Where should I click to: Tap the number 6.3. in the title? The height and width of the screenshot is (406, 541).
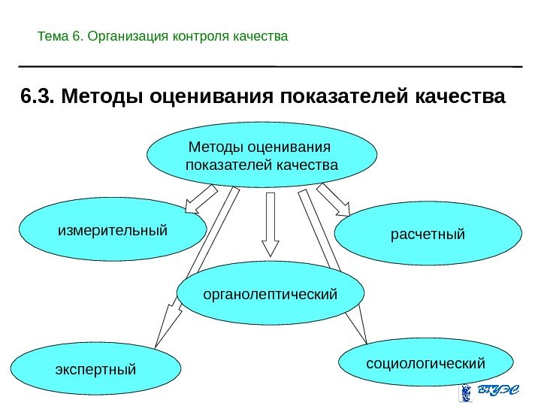pyautogui.click(x=37, y=98)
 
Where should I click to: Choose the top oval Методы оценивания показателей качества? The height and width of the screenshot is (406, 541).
pyautogui.click(x=261, y=154)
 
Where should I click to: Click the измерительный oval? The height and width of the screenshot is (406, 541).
pyautogui.click(x=112, y=229)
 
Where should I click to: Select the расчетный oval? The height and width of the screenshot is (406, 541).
pyautogui.click(x=428, y=233)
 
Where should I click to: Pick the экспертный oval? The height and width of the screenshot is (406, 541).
pyautogui.click(x=96, y=371)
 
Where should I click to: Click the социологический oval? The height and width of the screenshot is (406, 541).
pyautogui.click(x=425, y=364)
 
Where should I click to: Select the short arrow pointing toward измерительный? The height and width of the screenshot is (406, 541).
pyautogui.click(x=199, y=199)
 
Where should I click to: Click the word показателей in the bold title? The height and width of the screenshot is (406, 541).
pyautogui.click(x=341, y=98)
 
